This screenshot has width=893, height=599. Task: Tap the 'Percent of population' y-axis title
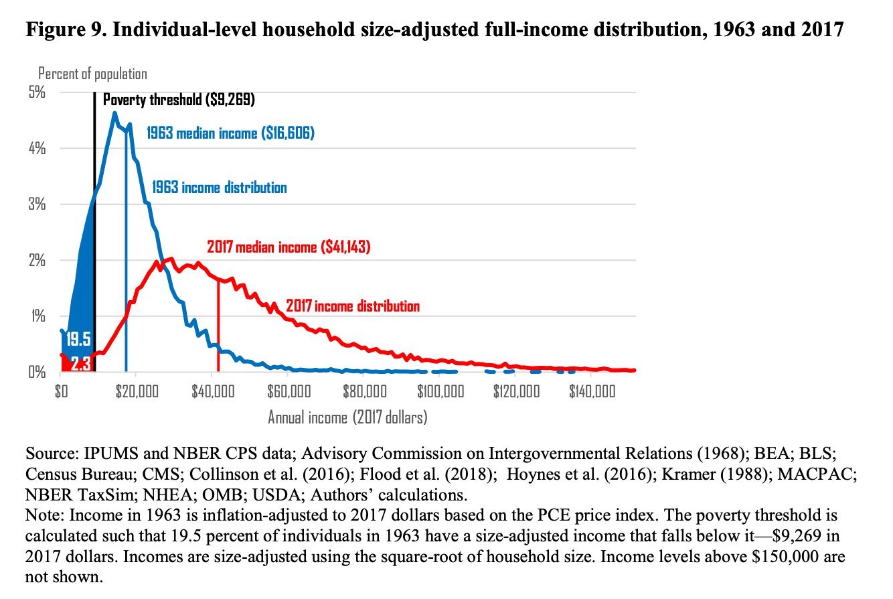92,74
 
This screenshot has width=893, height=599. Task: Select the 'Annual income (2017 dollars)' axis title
347,417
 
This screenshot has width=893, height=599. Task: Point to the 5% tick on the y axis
36,92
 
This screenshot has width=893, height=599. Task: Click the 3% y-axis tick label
36,204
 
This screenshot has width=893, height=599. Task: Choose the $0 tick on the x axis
60,391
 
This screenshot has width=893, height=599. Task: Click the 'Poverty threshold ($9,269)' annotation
179,100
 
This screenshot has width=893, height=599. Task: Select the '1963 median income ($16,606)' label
230,133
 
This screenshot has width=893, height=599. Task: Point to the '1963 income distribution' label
220,188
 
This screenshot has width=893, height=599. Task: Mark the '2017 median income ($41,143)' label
289,247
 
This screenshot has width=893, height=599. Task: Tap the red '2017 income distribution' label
353,306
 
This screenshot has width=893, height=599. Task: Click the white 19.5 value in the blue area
77,337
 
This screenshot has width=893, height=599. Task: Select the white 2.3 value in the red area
80,364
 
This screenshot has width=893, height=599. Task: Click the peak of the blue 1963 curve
114,113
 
